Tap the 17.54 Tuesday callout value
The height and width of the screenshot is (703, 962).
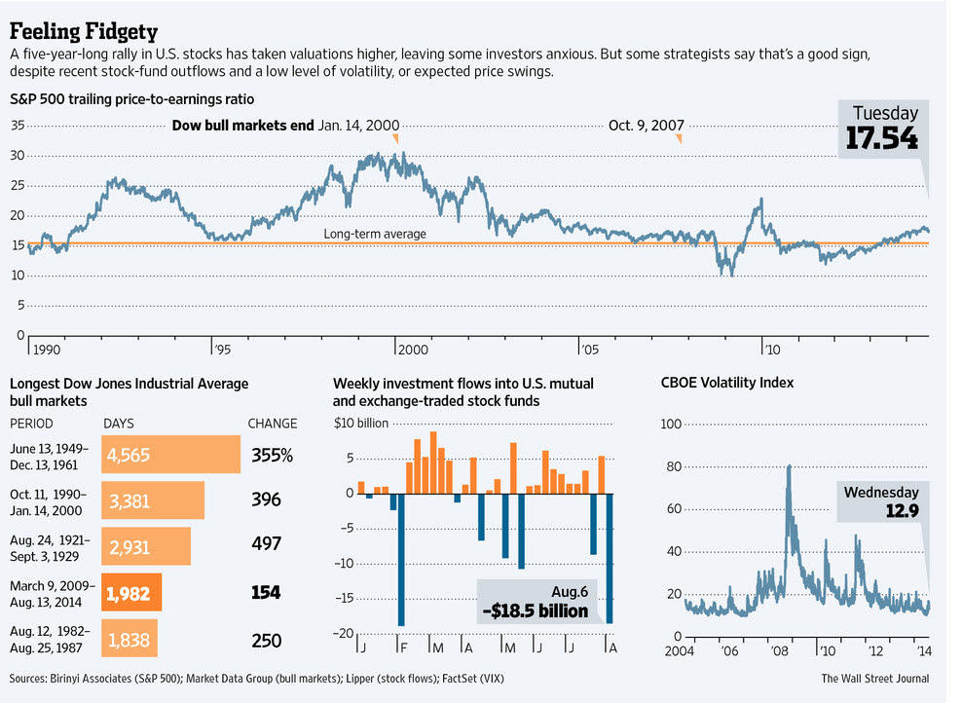click(x=880, y=137)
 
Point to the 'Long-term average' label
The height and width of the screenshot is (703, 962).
click(x=375, y=234)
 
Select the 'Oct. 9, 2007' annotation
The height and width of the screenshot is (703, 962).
click(x=646, y=126)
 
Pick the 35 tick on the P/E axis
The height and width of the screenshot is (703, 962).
click(x=18, y=126)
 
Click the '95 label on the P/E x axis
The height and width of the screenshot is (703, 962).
click(x=222, y=348)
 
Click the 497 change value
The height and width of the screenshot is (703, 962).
click(x=266, y=544)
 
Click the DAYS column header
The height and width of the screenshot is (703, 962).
click(x=119, y=424)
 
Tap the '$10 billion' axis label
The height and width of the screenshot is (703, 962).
click(x=361, y=424)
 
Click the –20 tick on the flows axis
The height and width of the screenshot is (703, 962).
click(x=343, y=634)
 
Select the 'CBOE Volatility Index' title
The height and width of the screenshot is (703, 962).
click(x=726, y=383)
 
